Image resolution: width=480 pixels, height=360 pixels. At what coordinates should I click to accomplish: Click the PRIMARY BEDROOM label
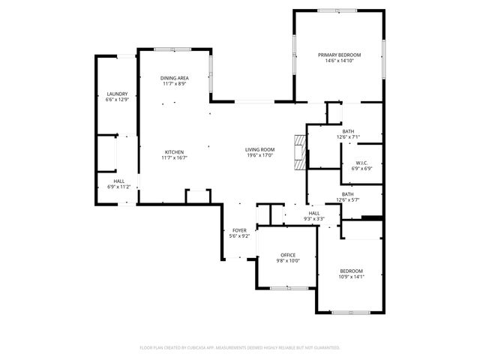coord(339,55)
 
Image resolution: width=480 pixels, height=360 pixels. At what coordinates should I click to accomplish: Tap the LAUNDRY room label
coord(117,94)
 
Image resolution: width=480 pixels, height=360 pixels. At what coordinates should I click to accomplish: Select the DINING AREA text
coord(174,78)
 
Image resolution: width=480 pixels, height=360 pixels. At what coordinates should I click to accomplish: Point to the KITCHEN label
coord(174,152)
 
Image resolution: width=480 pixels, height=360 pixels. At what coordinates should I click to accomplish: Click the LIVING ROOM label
coord(259,149)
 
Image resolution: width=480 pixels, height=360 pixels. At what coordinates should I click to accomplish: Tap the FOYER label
coord(238,230)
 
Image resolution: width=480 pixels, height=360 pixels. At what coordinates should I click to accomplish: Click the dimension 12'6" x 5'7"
coord(348,200)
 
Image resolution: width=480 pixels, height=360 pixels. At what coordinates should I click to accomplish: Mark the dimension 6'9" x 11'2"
coord(119,187)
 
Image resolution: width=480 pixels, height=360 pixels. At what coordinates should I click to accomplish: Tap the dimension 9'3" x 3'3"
coord(313,219)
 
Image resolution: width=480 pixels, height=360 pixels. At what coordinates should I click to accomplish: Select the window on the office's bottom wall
coord(286,287)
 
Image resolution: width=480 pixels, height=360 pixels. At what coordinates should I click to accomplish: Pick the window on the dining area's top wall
coord(174,49)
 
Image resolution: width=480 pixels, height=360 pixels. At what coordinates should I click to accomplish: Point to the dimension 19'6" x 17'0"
coord(259,155)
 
